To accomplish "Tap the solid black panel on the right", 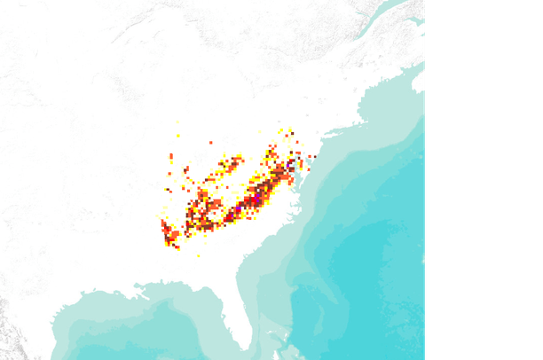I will coord(484,177).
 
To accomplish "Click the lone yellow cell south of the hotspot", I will coord(198,256).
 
